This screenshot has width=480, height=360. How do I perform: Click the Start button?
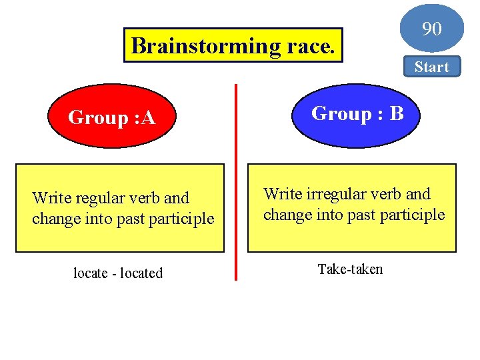pyautogui.click(x=431, y=67)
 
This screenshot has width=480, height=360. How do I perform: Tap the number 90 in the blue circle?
pyautogui.click(x=431, y=29)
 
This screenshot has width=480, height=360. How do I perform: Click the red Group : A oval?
pyautogui.click(x=112, y=118)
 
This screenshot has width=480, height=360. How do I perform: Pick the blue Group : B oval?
pyautogui.click(x=357, y=114)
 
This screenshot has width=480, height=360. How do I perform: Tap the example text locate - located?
pyautogui.click(x=118, y=273)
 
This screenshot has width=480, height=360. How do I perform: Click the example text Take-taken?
pyautogui.click(x=350, y=269)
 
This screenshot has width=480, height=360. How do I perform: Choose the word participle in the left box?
pyautogui.click(x=183, y=219)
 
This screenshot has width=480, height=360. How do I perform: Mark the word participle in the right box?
pyautogui.click(x=413, y=215)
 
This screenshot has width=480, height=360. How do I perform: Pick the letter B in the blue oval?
pyautogui.click(x=396, y=114)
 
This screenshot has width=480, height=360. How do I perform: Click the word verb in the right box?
pyautogui.click(x=386, y=194)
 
